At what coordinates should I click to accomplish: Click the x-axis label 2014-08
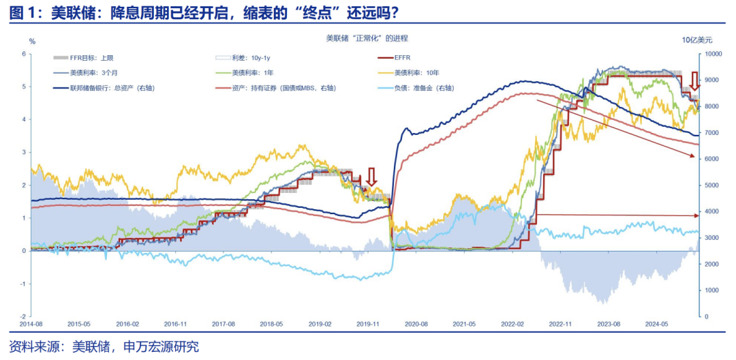(x=32, y=325)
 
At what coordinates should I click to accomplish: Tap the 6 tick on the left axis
(x=24, y=54)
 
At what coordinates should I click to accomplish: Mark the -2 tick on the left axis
(x=22, y=316)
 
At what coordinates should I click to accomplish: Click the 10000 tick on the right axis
(x=714, y=54)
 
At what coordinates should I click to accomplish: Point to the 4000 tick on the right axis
(x=711, y=211)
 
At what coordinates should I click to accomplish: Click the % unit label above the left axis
(x=32, y=42)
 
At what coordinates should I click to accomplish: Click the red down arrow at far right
(x=694, y=81)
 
